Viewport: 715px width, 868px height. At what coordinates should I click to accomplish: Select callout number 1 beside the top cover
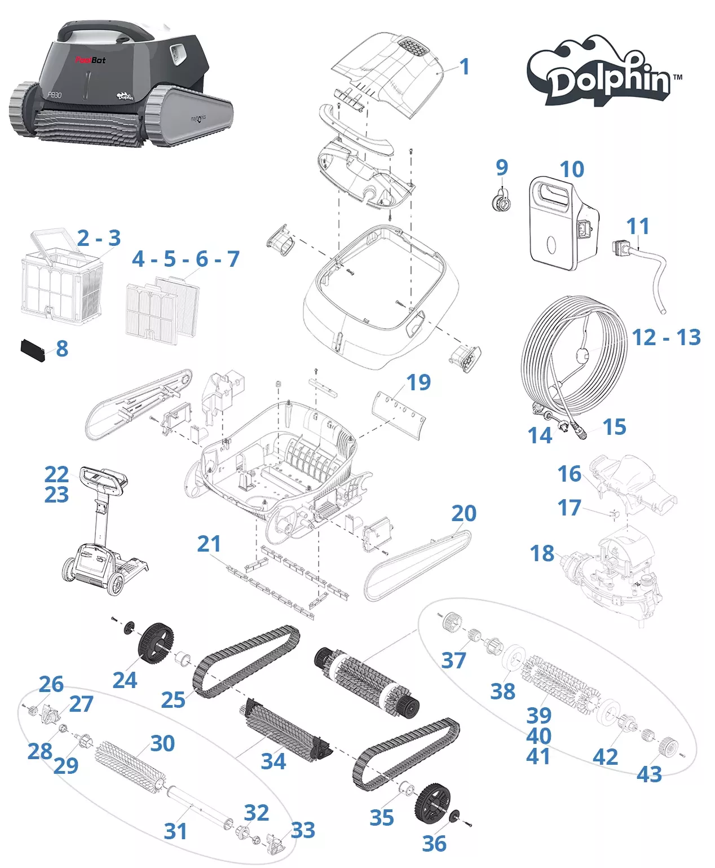click(x=465, y=67)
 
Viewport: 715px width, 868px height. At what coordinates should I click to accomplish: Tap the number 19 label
click(x=418, y=382)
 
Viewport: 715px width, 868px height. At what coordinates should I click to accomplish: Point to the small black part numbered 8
click(x=33, y=350)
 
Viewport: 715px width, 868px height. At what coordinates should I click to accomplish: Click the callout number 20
click(x=464, y=513)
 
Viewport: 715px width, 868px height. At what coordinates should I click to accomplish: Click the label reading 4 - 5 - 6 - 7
click(x=186, y=259)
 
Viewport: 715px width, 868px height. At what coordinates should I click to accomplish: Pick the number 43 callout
click(x=649, y=774)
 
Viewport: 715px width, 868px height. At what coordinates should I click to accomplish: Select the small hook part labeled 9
click(x=501, y=201)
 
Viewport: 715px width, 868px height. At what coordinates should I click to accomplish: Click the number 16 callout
click(x=569, y=474)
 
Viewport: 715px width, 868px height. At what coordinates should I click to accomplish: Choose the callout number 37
click(x=453, y=660)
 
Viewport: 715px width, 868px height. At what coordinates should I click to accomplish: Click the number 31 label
click(x=175, y=831)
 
